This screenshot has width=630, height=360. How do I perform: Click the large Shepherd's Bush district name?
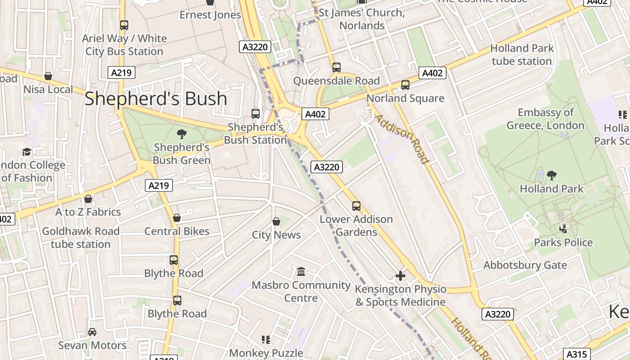[x=156, y=99]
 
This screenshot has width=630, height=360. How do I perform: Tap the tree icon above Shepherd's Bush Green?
[x=182, y=134]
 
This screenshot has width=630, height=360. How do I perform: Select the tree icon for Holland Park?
[x=551, y=175]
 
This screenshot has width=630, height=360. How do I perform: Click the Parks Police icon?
[x=563, y=229]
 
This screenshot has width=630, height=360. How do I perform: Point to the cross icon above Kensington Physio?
[x=400, y=275]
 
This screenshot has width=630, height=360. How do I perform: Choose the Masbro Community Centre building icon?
[x=301, y=271]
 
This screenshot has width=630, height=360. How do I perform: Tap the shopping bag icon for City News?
[x=276, y=221]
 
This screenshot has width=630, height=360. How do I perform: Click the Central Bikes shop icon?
[x=177, y=218]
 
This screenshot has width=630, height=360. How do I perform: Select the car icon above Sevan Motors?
[x=92, y=332]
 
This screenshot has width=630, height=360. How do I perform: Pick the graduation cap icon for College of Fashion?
[x=27, y=152]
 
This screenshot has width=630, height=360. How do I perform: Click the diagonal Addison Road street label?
[x=401, y=139]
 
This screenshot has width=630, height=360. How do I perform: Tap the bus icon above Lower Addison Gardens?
[x=356, y=206]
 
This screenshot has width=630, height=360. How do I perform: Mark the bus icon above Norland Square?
[x=405, y=85]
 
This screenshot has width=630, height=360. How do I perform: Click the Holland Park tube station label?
[x=521, y=54]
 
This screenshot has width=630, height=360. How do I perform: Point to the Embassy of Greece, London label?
[x=545, y=119]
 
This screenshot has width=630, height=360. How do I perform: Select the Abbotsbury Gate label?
[x=525, y=265]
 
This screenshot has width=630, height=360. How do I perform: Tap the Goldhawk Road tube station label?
[x=81, y=238]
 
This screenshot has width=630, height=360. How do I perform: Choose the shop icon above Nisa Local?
[x=48, y=76]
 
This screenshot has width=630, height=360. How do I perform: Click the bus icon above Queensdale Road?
[x=336, y=67]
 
